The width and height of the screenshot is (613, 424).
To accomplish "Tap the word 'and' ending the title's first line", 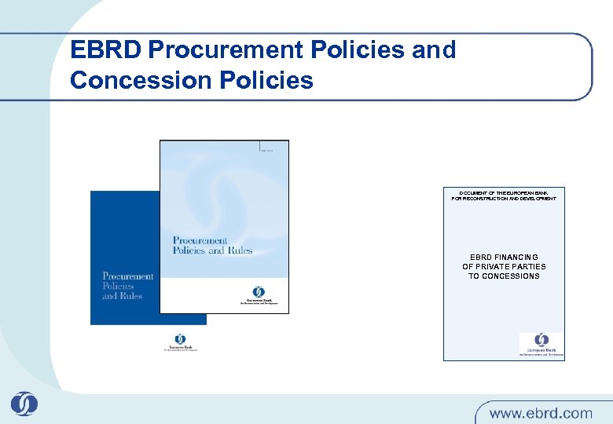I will [x=433, y=50].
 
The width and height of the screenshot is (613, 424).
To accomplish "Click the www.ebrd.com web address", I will [x=541, y=412].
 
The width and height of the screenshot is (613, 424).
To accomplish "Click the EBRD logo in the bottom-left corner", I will [x=24, y=404].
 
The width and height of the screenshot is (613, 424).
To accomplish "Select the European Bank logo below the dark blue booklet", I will [x=180, y=342].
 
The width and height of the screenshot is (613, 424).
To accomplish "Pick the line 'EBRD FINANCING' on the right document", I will [x=504, y=258].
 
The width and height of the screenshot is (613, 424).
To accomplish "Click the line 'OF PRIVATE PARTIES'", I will [x=504, y=267].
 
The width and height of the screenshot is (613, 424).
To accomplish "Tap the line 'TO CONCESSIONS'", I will [x=504, y=276].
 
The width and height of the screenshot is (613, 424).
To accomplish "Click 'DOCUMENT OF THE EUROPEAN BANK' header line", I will [x=504, y=192].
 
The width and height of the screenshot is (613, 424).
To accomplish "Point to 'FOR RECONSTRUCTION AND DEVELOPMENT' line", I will [x=504, y=199].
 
